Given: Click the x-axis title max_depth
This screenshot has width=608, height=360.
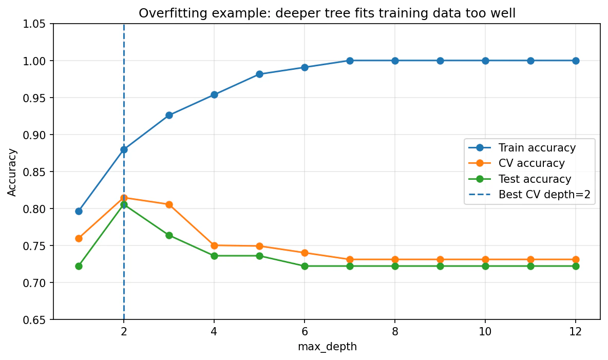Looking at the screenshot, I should pos(327,347).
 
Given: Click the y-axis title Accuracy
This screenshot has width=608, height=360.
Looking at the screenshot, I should pos(12,172).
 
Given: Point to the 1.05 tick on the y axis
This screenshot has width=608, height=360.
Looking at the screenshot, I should pos(34,24).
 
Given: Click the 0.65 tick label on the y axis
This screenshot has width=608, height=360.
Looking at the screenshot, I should pos(34,320).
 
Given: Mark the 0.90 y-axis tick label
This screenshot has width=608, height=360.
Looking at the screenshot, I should pos(34,135).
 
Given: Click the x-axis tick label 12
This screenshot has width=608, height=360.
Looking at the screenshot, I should pos(576,332).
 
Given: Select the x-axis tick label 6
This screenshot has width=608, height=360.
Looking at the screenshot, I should pos(305,332).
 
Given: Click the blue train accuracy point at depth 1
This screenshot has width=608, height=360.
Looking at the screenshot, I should pos(79,211).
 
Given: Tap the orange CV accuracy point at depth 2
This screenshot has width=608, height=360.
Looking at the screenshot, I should pos(124,198).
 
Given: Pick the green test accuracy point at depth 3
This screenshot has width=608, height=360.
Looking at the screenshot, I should pos(169,235).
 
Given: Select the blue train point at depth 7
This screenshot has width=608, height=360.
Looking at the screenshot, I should pos(350,61).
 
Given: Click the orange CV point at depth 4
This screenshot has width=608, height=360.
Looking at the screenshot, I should pos(214,245).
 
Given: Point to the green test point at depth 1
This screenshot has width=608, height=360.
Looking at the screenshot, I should pos(79,266).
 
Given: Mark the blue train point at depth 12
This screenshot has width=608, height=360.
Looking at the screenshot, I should pos(576,61).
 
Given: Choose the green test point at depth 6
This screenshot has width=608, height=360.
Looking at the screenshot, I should pos(305,266).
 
